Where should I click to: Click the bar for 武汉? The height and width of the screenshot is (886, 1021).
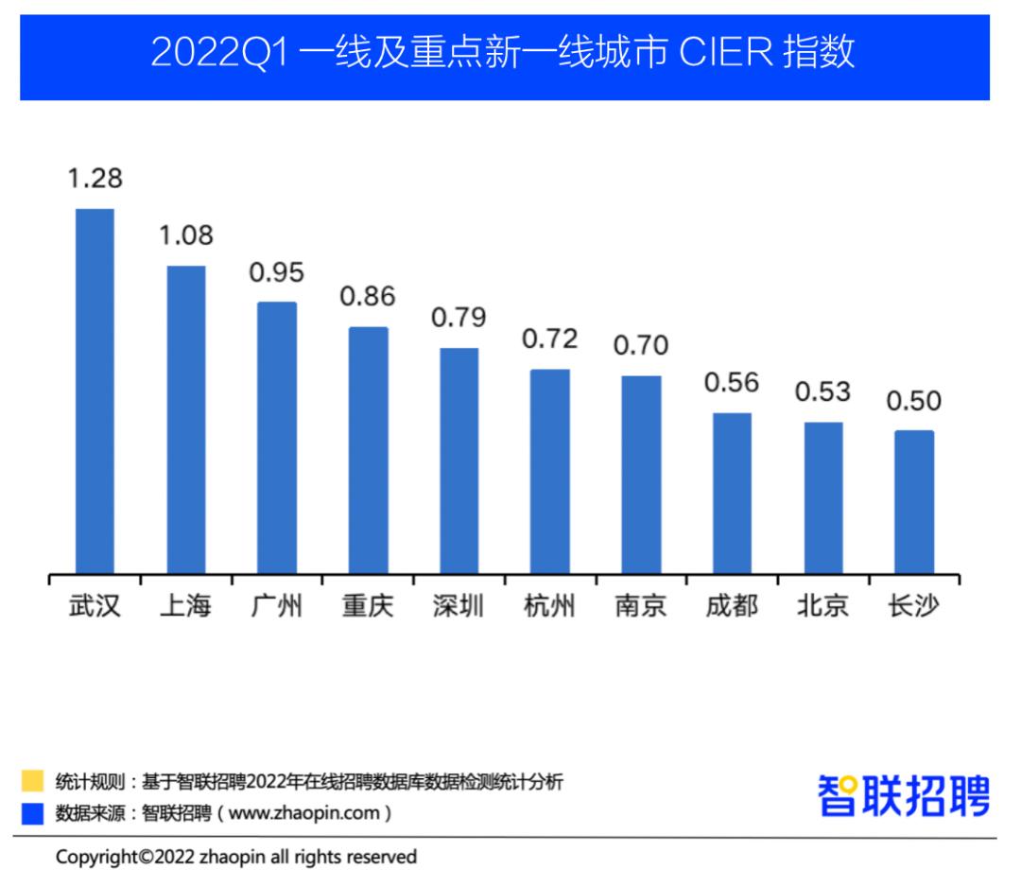click(95, 391)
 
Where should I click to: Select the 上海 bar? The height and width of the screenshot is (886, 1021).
click(186, 419)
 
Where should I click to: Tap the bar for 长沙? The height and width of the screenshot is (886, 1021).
click(914, 501)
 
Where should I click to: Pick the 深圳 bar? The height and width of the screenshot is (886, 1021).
click(459, 460)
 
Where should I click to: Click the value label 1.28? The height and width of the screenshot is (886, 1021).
click(95, 178)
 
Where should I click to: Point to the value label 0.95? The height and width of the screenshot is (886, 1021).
click(277, 272)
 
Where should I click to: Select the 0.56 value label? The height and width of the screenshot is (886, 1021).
click(732, 382)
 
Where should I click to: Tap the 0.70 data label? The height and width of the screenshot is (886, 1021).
click(641, 346)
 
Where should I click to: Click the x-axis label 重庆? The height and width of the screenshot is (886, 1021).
click(368, 606)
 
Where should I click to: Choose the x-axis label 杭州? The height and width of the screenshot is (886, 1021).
click(549, 606)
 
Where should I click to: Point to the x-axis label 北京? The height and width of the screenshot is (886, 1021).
click(822, 606)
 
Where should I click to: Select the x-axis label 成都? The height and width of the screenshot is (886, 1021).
click(732, 606)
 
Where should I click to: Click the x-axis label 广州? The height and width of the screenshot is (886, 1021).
click(277, 606)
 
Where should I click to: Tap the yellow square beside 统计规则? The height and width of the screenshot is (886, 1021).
click(33, 781)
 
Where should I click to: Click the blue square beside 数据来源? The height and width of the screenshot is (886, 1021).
click(33, 812)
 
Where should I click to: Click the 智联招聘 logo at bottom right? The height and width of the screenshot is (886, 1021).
click(904, 796)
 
